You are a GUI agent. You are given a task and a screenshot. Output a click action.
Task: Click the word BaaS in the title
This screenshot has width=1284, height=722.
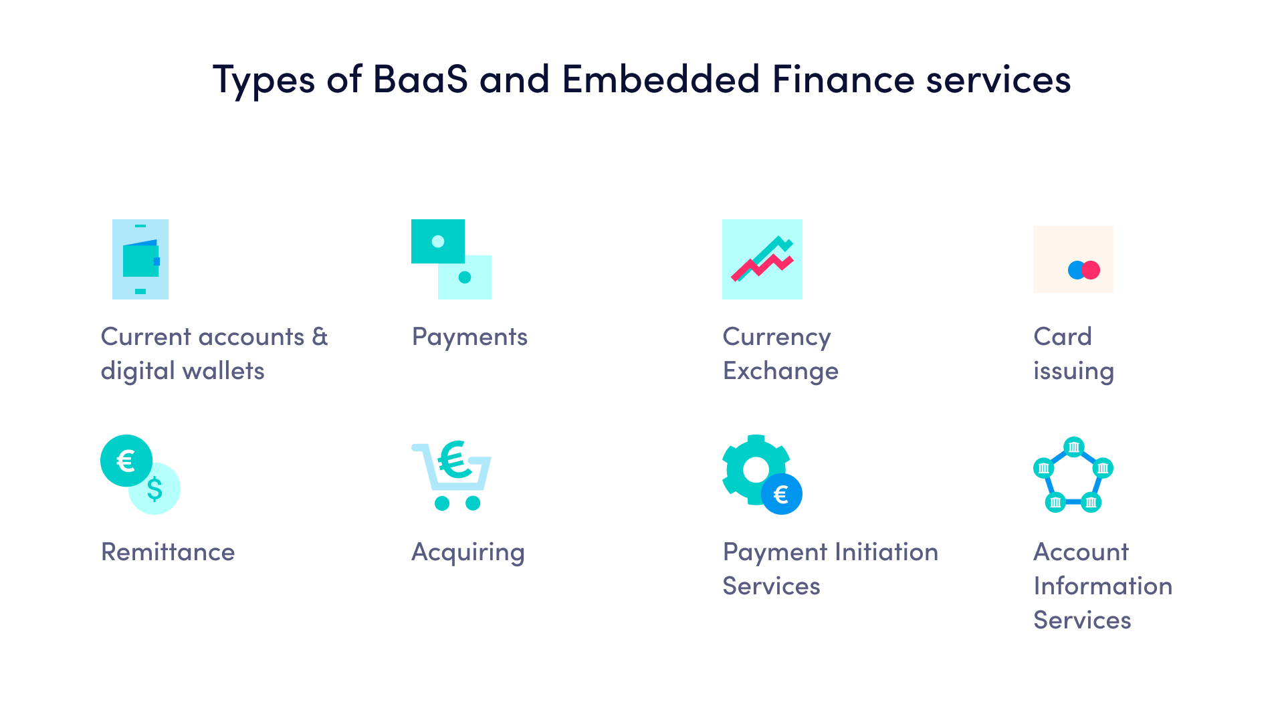point(420,80)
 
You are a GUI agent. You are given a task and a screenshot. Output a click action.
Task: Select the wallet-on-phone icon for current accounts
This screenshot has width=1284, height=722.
point(140,259)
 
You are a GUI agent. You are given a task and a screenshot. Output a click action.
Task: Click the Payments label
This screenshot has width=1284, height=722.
point(469,337)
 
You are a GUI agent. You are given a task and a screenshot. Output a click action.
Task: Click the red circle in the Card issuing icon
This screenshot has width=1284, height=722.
point(1091,270)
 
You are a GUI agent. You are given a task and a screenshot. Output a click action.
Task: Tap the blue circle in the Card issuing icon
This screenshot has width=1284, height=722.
point(1075,270)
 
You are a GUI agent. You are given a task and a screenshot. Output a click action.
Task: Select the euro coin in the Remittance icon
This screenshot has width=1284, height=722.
point(126,461)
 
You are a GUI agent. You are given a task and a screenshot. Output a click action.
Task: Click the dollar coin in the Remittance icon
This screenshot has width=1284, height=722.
point(156,490)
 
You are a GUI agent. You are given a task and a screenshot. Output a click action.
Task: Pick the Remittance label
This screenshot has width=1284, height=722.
point(168,552)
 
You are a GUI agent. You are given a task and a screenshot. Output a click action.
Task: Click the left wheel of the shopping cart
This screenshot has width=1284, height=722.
point(442,503)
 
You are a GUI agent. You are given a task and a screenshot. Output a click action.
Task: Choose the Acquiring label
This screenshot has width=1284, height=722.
point(468,553)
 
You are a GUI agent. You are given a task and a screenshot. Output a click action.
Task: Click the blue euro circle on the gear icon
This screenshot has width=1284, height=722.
point(781,495)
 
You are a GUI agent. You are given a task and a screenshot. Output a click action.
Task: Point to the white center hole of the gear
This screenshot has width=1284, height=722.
point(756,469)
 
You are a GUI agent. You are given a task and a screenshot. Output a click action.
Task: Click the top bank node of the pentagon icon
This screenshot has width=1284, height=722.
point(1073,447)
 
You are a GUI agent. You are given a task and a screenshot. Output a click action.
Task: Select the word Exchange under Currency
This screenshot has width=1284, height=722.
point(780,372)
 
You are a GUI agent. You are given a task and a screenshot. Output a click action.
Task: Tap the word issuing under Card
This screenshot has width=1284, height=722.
point(1073,372)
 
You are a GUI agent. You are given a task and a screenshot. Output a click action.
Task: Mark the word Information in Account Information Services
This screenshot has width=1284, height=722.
point(1103,586)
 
